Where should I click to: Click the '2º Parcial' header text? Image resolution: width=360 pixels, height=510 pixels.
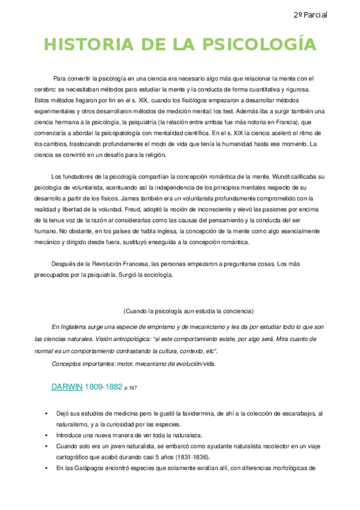point(311,14)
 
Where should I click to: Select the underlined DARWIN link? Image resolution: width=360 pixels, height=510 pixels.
point(67,388)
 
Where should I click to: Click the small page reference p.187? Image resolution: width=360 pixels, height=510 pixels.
point(131,389)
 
